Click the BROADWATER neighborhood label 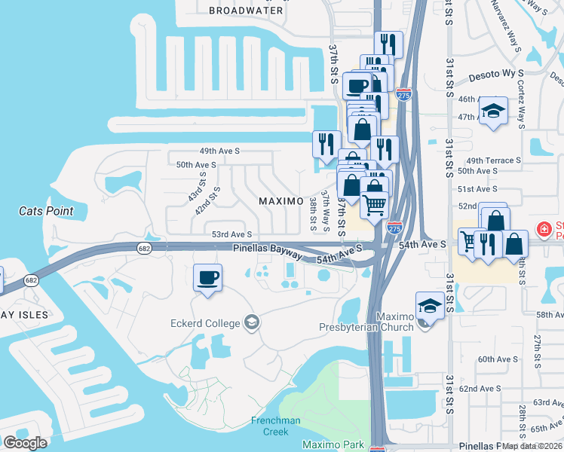[246, 11]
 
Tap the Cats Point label [47, 212]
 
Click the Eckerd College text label [204, 324]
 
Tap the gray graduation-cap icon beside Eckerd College [252, 323]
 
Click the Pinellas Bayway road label [267, 248]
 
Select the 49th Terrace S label [494, 160]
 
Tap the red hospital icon [543, 228]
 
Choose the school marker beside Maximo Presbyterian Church [429, 306]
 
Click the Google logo [24, 443]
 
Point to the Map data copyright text [532, 446]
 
